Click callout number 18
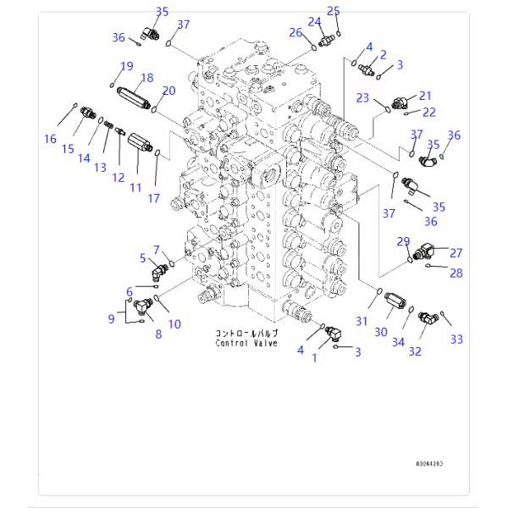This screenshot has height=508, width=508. (x=146, y=78)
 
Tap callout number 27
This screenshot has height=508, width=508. (x=456, y=252)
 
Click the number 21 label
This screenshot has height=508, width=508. (x=425, y=96)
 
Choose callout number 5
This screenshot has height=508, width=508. (x=143, y=257)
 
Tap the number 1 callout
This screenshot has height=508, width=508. (x=316, y=357)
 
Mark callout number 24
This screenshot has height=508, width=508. (x=314, y=21)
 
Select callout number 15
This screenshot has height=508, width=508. (x=69, y=150)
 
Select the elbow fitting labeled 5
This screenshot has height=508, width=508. (x=155, y=272)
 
